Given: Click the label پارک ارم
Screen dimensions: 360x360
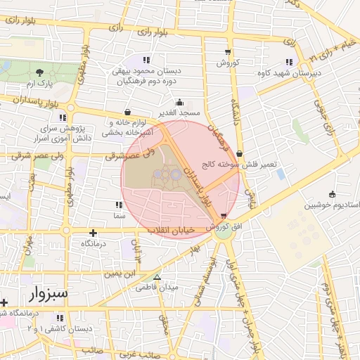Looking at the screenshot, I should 39,84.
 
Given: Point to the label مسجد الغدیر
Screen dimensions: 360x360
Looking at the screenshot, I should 180,112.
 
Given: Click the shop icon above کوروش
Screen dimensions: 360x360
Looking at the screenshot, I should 227,51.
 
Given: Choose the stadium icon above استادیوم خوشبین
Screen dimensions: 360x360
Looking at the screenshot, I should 332,194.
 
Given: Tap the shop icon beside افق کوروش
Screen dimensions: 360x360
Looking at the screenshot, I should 224,215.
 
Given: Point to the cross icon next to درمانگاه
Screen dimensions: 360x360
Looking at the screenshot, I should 93,232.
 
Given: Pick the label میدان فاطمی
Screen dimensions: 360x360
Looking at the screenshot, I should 156,288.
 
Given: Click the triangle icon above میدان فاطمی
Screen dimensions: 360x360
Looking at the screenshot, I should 156,276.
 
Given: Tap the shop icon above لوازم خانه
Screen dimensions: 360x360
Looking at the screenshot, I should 127,111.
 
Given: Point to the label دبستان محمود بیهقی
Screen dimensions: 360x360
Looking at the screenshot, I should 146,71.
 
